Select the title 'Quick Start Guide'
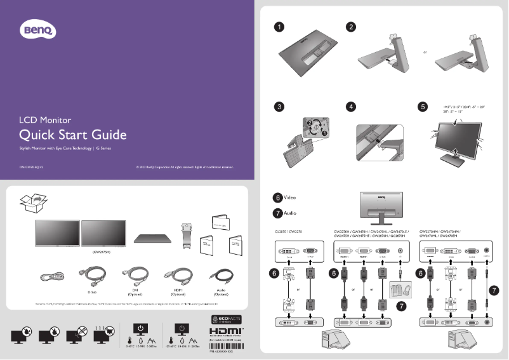tap(73, 135)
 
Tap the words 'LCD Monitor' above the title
tap(44, 119)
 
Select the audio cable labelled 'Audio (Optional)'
tap(220, 277)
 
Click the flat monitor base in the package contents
tap(154, 237)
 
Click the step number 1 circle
tap(278, 27)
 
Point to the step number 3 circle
tap(278, 107)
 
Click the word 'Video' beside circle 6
tap(289, 197)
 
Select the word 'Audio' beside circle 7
tap(289, 213)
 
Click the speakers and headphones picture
tap(399, 288)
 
